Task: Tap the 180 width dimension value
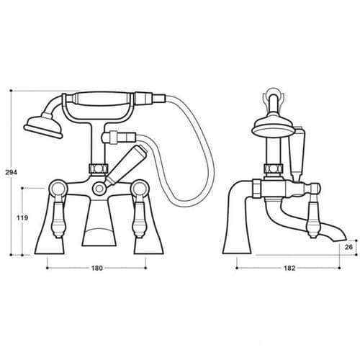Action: tap(96, 268)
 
